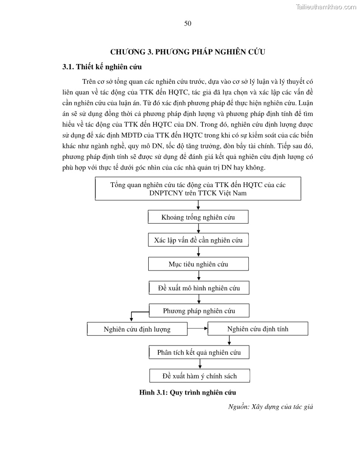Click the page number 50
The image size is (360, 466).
[187, 23]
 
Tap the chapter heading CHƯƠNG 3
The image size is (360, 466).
[187, 52]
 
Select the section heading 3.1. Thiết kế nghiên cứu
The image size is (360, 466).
[102, 67]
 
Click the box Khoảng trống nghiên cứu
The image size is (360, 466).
[198, 217]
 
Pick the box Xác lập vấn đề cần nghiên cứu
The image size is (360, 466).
[198, 241]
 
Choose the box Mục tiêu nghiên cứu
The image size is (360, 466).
[198, 264]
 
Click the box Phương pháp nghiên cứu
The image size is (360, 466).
[199, 311]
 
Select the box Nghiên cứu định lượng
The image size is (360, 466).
[137, 329]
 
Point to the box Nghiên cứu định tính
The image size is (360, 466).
[258, 329]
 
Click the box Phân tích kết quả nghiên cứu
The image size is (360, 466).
[199, 352]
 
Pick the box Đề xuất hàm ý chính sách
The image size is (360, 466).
[199, 376]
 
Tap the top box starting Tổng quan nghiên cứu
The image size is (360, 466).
[198, 188]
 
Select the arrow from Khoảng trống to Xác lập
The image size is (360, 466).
[199, 229]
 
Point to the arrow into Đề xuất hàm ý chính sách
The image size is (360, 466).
[200, 364]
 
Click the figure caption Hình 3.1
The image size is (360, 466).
[187, 392]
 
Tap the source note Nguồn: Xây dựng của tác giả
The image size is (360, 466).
[270, 406]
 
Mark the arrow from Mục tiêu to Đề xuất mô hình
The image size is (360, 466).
[199, 276]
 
